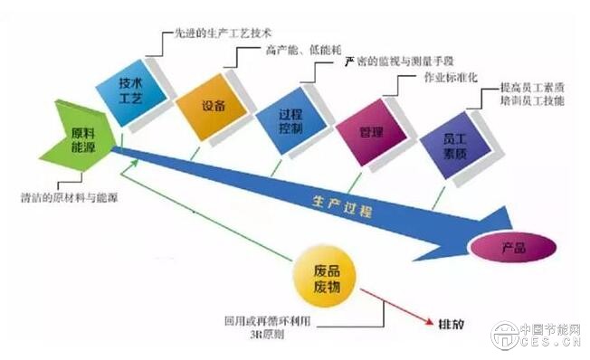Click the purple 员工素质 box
tap(453, 144)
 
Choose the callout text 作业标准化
tap(453, 79)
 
